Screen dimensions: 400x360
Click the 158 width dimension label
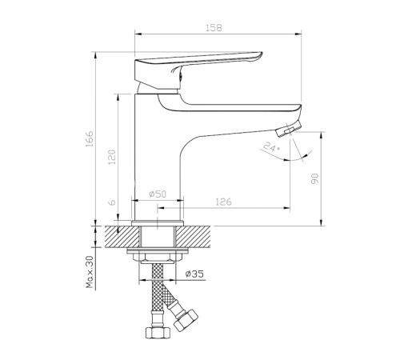214,28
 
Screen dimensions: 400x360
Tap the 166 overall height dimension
90,138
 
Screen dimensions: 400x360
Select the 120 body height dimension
112,157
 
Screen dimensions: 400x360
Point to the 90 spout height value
315,178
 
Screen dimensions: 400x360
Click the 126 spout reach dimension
223,202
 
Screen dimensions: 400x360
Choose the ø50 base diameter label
158,194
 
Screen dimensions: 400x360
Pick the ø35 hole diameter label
194,274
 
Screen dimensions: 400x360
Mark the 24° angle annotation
271,147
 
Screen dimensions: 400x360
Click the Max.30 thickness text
90,272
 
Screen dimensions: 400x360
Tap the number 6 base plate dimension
113,202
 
